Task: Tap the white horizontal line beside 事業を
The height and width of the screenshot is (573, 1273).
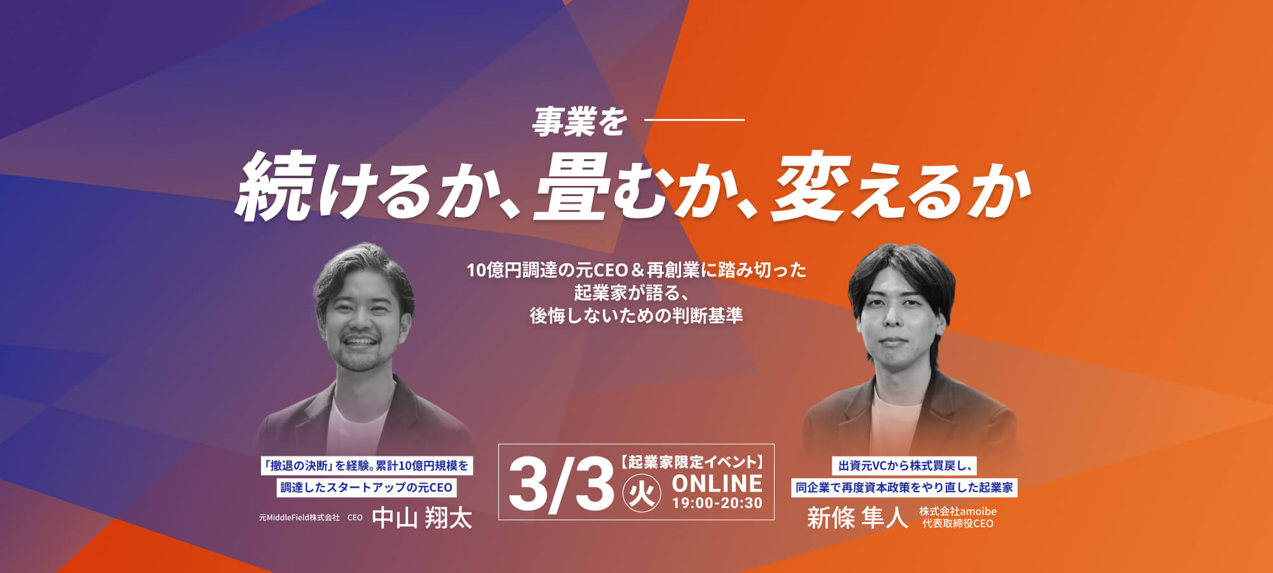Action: point(694,119)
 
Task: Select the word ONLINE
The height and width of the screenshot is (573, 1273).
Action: point(717,483)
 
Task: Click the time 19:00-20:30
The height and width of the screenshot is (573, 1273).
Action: point(717,504)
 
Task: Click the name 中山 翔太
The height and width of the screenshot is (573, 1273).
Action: point(422,518)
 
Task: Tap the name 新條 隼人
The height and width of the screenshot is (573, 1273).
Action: point(857,518)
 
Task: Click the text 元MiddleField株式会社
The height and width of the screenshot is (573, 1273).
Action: point(299,518)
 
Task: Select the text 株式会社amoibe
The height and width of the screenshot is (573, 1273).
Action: point(958,511)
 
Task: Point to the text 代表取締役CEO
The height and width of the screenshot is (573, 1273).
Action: point(958,523)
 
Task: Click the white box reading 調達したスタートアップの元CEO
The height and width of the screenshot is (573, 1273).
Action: point(366,488)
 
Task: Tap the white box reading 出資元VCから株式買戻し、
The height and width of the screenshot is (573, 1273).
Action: point(904,466)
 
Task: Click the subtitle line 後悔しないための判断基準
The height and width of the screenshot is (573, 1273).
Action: point(636,316)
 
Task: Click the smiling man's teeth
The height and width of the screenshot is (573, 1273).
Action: point(360,341)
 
